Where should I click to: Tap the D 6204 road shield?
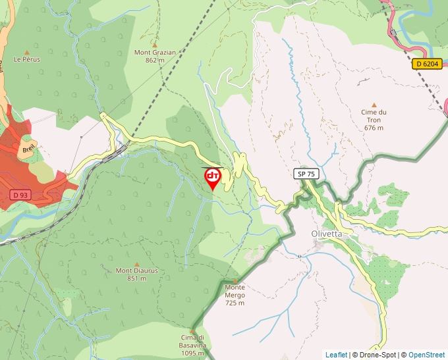click(x=428, y=64)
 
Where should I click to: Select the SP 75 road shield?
click(x=306, y=174)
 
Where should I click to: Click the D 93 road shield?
click(x=21, y=195)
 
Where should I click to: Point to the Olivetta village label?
click(x=327, y=234)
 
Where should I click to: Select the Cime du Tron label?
click(x=374, y=112)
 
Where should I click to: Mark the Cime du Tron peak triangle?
click(x=374, y=104)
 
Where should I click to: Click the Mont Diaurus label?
click(x=136, y=270)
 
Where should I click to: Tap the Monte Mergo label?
click(x=235, y=287)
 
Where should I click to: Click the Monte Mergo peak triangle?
click(x=235, y=280)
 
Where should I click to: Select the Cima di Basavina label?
click(x=194, y=341)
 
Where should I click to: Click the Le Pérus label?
click(x=27, y=59)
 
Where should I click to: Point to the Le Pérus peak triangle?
click(x=27, y=52)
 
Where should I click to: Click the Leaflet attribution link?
click(x=336, y=355)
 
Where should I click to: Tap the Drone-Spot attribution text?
click(x=374, y=355)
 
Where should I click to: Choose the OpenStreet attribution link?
click(x=426, y=355)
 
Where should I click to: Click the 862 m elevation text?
click(x=155, y=60)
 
